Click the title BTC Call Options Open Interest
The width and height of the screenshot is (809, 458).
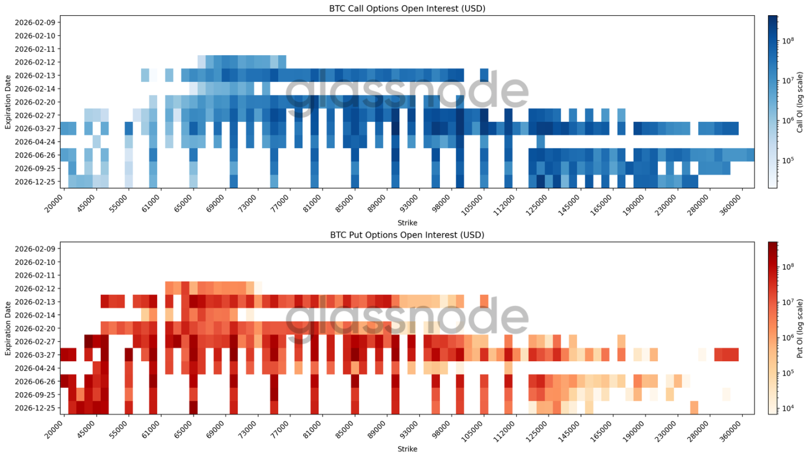click(x=407, y=8)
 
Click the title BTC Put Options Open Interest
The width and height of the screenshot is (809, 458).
click(x=407, y=235)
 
